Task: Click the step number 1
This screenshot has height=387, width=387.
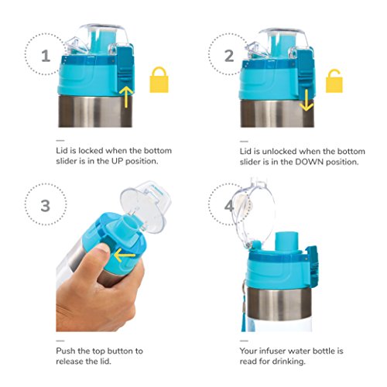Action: click(x=46, y=56)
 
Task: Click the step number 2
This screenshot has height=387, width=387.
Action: click(x=229, y=56)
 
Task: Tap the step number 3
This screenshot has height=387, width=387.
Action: click(x=46, y=206)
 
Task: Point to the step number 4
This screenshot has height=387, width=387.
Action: click(x=228, y=206)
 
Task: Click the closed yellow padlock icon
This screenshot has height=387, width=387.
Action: click(x=159, y=80)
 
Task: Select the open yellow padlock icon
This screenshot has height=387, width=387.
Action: click(x=334, y=80)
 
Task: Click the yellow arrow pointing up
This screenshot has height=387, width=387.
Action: click(x=126, y=97)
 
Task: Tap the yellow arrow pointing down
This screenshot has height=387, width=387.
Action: click(x=307, y=101)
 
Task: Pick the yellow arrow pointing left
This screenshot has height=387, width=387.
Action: click(x=125, y=255)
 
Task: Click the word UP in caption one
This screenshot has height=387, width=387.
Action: click(x=117, y=161)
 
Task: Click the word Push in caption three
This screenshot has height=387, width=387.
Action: click(x=66, y=351)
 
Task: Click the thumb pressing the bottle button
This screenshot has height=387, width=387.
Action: click(x=99, y=256)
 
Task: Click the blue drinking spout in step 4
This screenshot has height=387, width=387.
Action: click(x=286, y=241)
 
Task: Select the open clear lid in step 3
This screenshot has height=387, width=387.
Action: click(x=146, y=206)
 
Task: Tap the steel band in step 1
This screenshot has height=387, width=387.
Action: click(x=95, y=111)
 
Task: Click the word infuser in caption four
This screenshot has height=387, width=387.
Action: click(x=272, y=351)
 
